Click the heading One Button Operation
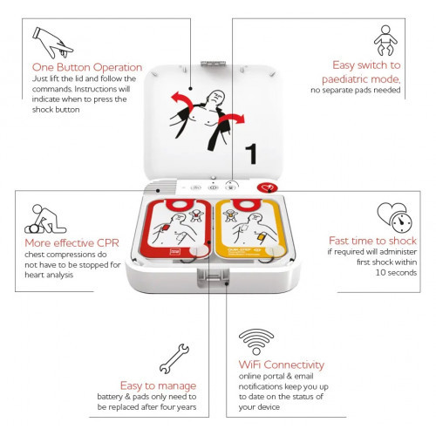pyautogui.click(x=87, y=67)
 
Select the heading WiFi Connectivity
pyautogui.click(x=282, y=364)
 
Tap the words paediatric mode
pyautogui.click(x=361, y=78)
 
